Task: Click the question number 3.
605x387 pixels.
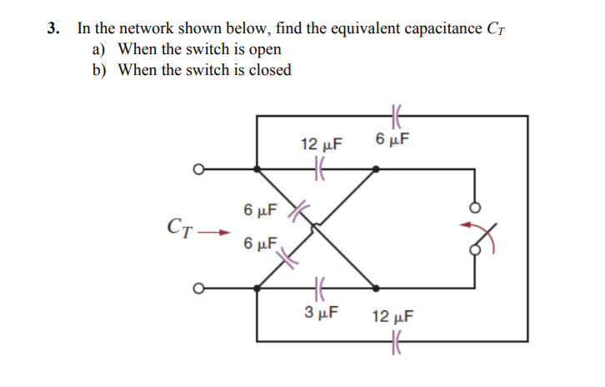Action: click(52, 28)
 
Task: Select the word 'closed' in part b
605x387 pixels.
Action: click(269, 70)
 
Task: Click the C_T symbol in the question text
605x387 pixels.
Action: click(495, 29)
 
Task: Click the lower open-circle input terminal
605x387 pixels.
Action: click(197, 289)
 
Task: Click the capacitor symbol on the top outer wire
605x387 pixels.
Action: click(396, 116)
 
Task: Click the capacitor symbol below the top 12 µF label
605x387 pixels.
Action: click(317, 169)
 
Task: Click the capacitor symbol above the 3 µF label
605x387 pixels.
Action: click(317, 289)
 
